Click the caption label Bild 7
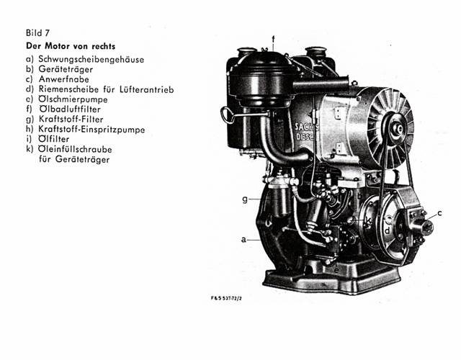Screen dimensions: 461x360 pos(37,32)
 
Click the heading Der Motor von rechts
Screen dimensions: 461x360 pos(71,46)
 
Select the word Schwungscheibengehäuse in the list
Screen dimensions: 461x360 pos(91,60)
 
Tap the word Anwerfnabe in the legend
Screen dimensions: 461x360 pos(64,79)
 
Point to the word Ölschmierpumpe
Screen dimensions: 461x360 pos(73,99)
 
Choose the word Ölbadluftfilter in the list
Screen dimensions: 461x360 pos(70,109)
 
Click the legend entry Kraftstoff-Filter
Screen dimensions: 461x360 pos(71,120)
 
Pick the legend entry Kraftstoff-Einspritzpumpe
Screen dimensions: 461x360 pos(91,130)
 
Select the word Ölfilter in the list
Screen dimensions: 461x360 pos(54,139)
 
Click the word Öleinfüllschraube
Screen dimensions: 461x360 pos(75,149)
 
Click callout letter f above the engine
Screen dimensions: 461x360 pos(273,39)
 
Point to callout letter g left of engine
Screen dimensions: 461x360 pos(245,200)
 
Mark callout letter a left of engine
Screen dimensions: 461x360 pos(243,240)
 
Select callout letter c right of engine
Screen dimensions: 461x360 pos(439,213)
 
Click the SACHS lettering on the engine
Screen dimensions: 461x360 pos(306,127)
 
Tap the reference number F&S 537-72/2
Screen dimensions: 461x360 pos(226,298)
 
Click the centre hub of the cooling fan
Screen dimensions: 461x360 pos(398,128)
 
